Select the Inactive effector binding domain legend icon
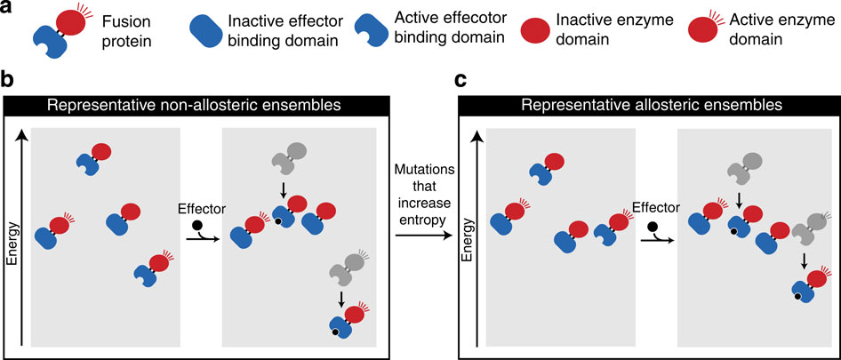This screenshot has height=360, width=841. [x=210, y=28]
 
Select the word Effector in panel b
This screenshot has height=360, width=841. [x=202, y=212]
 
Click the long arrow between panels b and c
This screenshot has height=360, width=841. [x=420, y=235]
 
